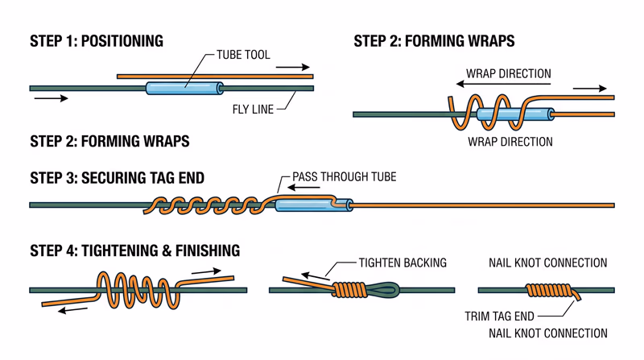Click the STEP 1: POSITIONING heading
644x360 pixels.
click(x=96, y=41)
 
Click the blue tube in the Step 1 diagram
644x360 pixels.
click(x=184, y=87)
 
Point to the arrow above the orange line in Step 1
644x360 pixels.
click(x=293, y=68)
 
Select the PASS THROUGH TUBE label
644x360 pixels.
click(x=344, y=177)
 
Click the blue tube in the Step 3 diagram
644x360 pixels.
click(x=313, y=205)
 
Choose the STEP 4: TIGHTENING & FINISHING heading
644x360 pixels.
click(x=134, y=250)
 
